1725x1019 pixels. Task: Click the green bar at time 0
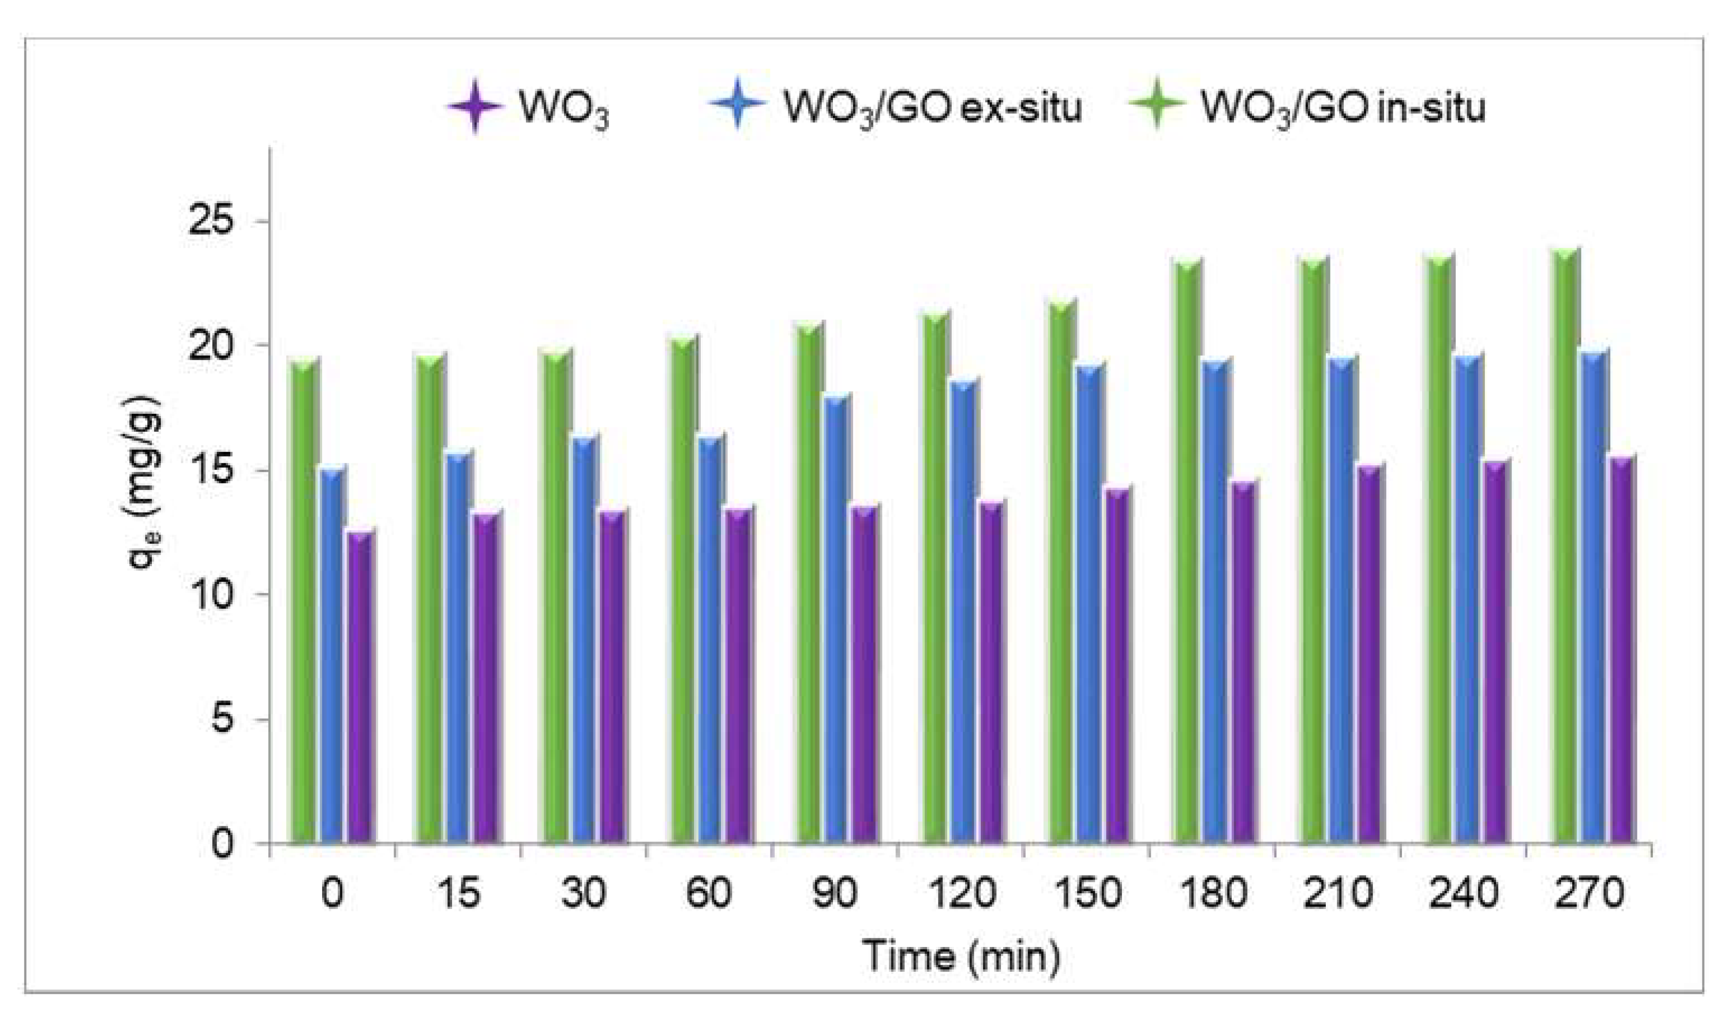[303, 604]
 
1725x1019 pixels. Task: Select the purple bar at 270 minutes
[1619, 652]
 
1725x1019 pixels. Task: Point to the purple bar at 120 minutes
[989, 673]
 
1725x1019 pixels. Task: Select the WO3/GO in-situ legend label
[1342, 108]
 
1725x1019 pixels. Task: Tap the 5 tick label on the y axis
[222, 719]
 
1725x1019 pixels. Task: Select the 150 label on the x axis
[1087, 893]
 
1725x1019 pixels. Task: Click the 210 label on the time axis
[1338, 893]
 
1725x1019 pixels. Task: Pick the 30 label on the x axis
[584, 893]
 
